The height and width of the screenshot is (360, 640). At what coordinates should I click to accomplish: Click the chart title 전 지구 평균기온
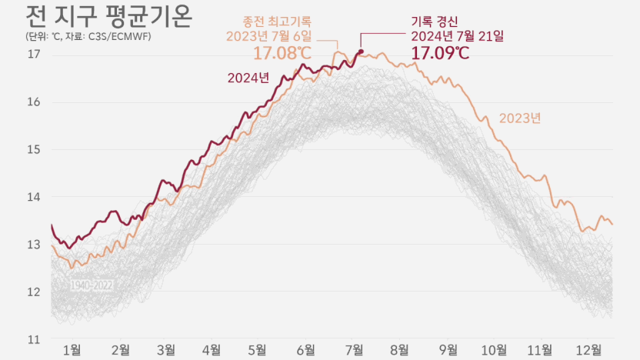point(108,16)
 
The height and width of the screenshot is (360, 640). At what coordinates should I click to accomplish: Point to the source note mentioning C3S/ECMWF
point(88,36)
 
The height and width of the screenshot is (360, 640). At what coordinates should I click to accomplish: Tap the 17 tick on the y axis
point(34,54)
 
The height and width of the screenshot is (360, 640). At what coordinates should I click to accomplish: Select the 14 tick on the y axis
point(34,197)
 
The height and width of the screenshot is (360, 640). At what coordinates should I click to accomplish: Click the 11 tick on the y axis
point(34,339)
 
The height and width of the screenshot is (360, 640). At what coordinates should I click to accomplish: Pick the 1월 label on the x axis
point(72,350)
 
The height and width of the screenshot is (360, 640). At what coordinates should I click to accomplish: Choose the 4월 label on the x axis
point(212,350)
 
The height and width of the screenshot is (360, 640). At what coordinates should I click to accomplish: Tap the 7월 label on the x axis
point(354,350)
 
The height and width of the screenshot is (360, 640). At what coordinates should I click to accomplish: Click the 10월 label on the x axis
point(494,350)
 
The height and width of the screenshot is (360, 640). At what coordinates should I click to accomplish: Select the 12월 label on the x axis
point(588,350)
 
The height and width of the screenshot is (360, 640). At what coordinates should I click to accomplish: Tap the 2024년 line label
point(248,78)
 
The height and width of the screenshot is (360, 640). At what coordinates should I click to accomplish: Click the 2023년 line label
point(520,118)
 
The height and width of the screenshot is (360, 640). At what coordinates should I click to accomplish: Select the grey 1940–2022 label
point(92,285)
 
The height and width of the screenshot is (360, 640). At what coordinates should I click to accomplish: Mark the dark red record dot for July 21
point(361,52)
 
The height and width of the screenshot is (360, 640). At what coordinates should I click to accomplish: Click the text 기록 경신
point(435,22)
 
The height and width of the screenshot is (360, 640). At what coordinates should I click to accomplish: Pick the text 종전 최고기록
point(277,22)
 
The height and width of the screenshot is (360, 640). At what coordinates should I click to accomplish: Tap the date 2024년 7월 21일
point(457,36)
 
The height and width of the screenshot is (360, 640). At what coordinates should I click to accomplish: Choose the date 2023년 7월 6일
point(269,36)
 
